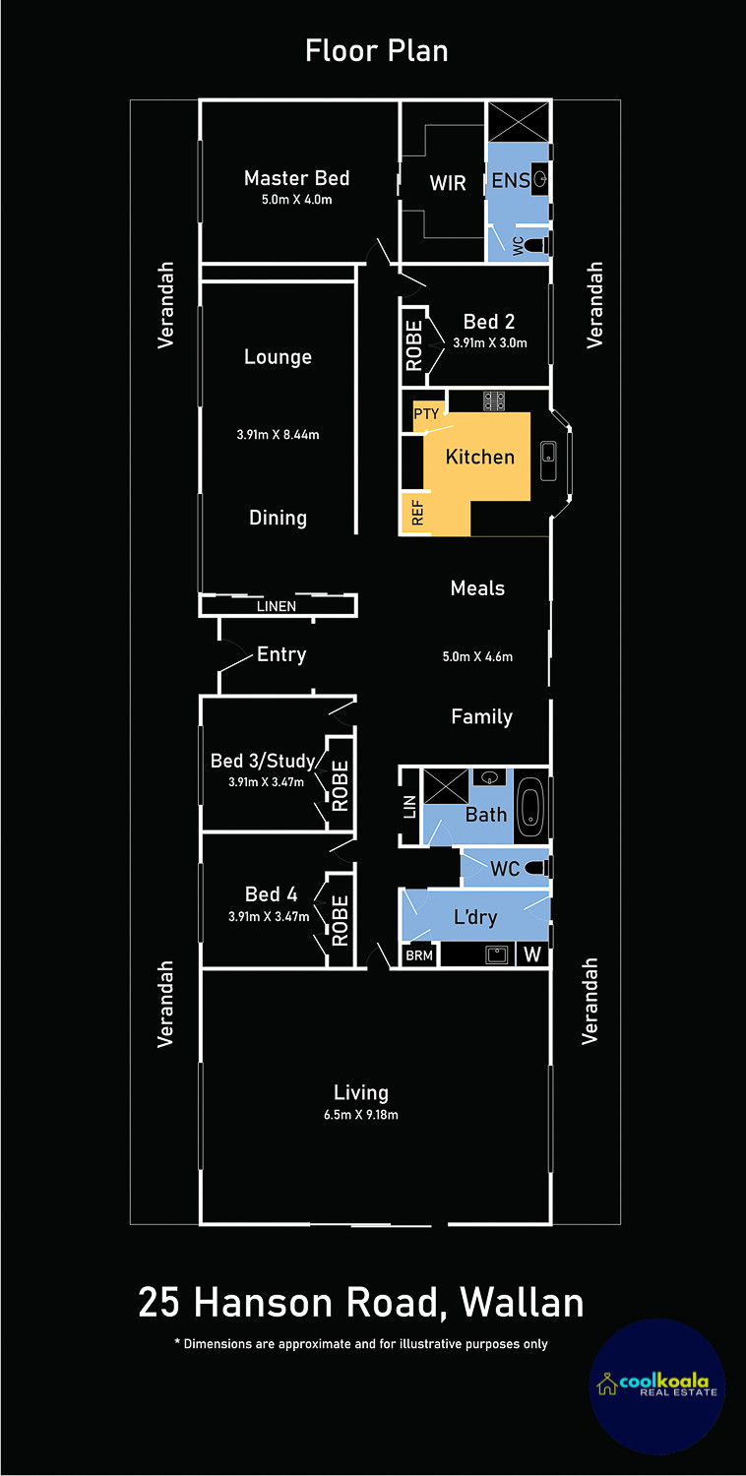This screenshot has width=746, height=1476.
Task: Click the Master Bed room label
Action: [296, 178]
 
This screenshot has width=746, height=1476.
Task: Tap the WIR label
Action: [448, 182]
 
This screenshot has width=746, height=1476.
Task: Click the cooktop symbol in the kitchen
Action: [494, 400]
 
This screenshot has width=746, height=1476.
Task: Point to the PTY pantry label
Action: [426, 414]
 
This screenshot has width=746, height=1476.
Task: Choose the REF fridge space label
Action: [417, 512]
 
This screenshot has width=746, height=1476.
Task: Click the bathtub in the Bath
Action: [530, 806]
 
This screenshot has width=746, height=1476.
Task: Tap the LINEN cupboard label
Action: [277, 606]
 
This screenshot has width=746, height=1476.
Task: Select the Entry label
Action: [281, 654]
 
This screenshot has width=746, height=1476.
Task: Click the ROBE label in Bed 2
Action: [414, 345]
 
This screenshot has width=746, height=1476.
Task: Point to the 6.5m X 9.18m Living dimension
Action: [360, 1115]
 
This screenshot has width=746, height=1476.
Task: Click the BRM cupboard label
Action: [419, 955]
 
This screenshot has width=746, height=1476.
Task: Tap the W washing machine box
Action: [532, 954]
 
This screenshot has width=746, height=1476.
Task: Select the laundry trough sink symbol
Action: [496, 954]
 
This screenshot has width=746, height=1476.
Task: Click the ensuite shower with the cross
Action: [519, 121]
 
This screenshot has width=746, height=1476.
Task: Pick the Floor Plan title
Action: [376, 51]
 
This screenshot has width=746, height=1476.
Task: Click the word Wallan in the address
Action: [522, 1303]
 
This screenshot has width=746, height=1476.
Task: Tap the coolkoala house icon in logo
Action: [607, 1384]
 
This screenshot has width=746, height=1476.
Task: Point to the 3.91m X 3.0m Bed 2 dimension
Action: [490, 342]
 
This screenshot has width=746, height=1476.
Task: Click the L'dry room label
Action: [475, 916]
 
